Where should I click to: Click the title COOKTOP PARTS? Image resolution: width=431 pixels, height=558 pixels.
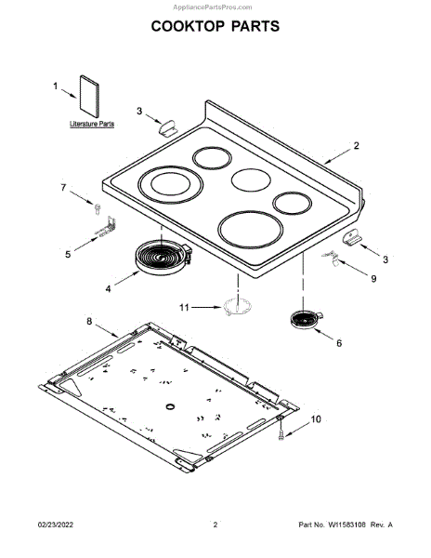pos(215,26)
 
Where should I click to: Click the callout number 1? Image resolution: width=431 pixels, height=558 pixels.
pos(56,86)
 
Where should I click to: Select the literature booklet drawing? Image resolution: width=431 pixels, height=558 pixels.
pos(89,96)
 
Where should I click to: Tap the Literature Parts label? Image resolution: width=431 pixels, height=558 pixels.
pos(92,124)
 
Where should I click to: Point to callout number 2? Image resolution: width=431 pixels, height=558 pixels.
pos(356,146)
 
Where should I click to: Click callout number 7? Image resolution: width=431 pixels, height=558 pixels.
pos(63,187)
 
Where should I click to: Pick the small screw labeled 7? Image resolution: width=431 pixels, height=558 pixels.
pos(98,209)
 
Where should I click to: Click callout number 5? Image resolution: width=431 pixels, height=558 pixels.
pos(68,254)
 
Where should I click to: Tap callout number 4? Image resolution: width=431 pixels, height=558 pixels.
pos(108,288)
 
